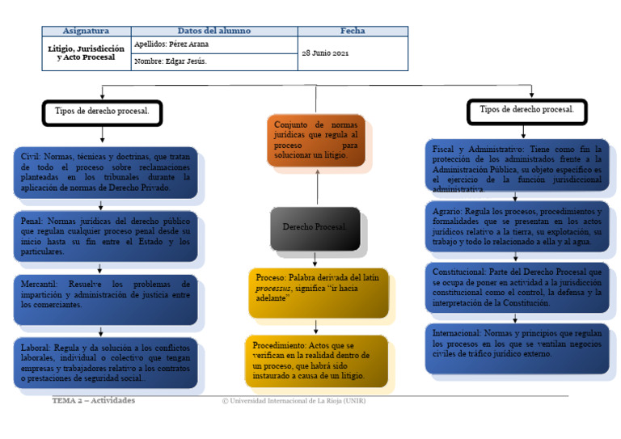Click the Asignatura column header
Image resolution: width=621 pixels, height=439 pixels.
click(86, 32)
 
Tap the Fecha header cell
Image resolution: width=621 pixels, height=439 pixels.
click(353, 32)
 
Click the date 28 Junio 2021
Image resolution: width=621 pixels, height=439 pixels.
click(326, 53)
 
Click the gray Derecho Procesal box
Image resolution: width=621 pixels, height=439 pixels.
click(315, 227)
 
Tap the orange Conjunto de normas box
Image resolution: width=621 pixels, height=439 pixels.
click(315, 141)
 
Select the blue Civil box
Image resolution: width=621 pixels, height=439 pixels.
click(104, 172)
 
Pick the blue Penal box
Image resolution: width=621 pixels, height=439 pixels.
click(104, 236)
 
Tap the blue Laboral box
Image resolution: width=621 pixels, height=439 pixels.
click(104, 362)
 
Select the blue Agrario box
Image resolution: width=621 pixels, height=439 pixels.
click(517, 226)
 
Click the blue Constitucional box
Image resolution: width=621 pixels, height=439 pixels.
click(517, 287)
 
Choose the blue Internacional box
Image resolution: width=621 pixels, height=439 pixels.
click(517, 347)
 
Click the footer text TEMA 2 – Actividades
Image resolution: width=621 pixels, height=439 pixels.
click(94, 401)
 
